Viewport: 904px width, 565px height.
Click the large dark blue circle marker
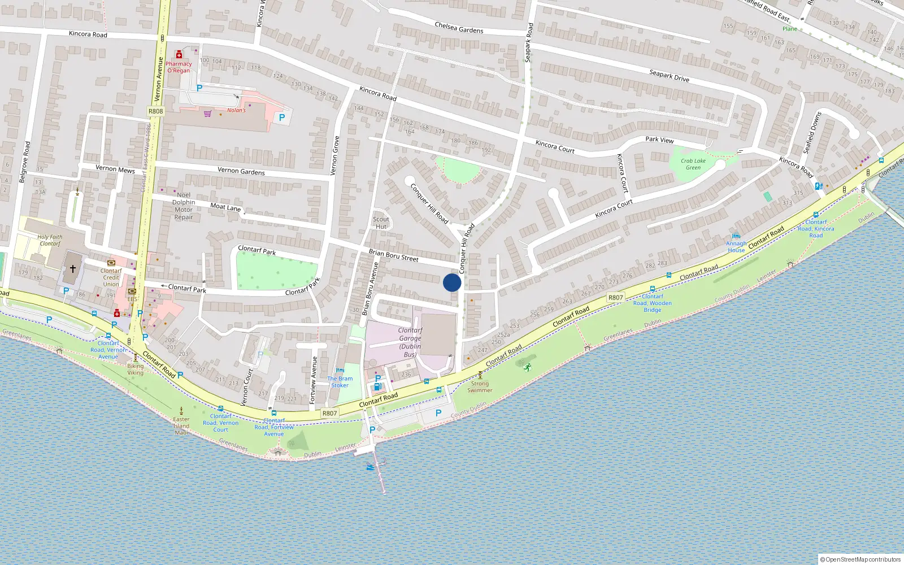pos(452,282)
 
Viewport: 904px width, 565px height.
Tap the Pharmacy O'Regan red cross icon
pos(179,55)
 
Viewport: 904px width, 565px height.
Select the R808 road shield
pos(155,111)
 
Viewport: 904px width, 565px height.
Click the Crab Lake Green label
pos(693,164)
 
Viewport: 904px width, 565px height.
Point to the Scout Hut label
pos(381,223)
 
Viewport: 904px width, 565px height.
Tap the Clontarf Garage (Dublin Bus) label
pos(410,342)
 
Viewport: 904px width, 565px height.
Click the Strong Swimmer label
pos(480,386)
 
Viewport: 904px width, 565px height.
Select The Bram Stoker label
pos(340,382)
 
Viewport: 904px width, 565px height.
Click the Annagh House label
pos(736,247)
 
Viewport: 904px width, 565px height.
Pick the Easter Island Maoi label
pos(181,426)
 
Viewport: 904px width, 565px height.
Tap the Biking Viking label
pos(136,369)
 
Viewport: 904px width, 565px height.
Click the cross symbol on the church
pos(73,269)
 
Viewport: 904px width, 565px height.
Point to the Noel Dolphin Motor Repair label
pos(184,206)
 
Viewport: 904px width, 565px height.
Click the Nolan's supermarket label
pos(237,110)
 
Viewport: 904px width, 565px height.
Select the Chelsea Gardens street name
pos(459,27)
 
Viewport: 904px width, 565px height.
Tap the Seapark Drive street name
pos(669,76)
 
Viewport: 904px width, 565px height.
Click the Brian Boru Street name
pos(393,255)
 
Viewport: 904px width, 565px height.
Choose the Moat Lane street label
pos(225,207)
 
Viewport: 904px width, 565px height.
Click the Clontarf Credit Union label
pos(111,277)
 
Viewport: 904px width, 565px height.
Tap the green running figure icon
pos(527,368)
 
